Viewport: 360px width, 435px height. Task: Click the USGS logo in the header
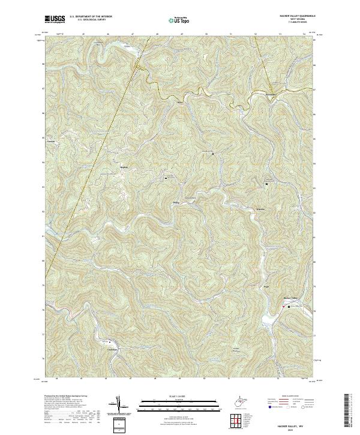tap(55, 19)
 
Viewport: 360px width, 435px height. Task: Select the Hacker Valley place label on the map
tap(290, 298)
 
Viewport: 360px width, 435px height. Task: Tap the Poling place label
tap(176, 202)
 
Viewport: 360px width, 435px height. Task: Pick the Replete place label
tap(125, 167)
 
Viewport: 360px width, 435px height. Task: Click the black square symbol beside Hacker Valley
tap(289, 307)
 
